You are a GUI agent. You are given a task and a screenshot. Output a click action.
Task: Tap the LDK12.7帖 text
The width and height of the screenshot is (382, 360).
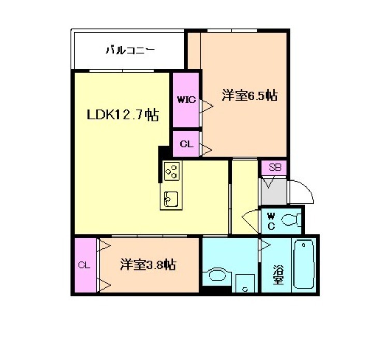pos(122,114)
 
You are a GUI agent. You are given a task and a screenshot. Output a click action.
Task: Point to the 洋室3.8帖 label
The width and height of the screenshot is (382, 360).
pos(149,265)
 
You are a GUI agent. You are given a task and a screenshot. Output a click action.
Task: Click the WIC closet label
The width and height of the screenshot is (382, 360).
pos(186,100)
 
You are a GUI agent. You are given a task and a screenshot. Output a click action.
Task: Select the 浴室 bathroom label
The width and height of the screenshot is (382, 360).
pos(278,274)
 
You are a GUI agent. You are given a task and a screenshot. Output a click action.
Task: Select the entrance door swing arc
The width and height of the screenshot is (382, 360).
pos(301,190)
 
